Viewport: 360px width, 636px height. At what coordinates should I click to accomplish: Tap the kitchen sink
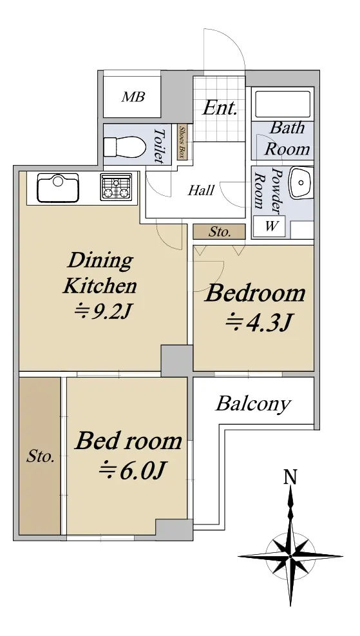[57, 188]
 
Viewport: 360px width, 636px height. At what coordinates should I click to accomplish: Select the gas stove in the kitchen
[117, 187]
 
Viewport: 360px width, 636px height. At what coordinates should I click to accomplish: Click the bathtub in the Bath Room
[283, 104]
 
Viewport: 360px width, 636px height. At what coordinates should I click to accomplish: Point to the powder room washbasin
[301, 183]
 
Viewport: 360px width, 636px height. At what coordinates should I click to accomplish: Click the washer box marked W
[269, 227]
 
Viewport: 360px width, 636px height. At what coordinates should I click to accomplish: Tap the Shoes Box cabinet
[182, 142]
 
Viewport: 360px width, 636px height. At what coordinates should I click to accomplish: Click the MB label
[133, 97]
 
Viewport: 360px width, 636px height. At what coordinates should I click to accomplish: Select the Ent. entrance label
[220, 108]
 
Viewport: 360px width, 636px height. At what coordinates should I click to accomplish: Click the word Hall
[201, 190]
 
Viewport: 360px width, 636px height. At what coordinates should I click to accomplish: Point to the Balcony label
[253, 404]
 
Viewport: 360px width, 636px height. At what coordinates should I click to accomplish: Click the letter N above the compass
[290, 477]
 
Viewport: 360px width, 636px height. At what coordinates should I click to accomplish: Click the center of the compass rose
[290, 555]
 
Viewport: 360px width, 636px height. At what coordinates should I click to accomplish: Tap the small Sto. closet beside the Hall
[220, 231]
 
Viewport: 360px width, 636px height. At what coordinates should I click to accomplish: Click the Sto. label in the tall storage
[41, 457]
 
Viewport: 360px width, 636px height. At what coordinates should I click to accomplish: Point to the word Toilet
[160, 146]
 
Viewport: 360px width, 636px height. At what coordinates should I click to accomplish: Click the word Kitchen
[100, 285]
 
